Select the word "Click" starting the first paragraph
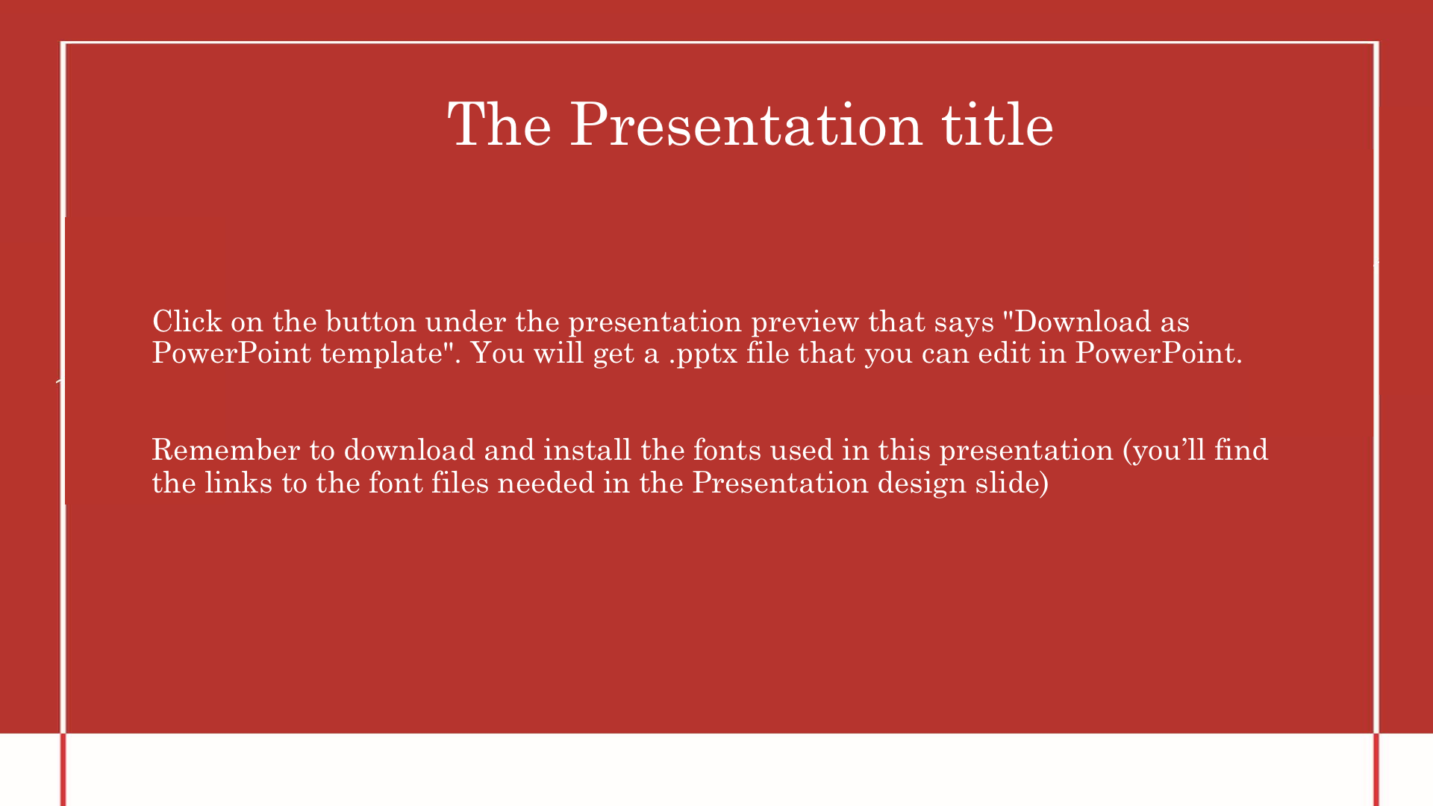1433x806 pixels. click(187, 322)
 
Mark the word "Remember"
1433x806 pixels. click(226, 450)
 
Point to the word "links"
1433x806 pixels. click(239, 483)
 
